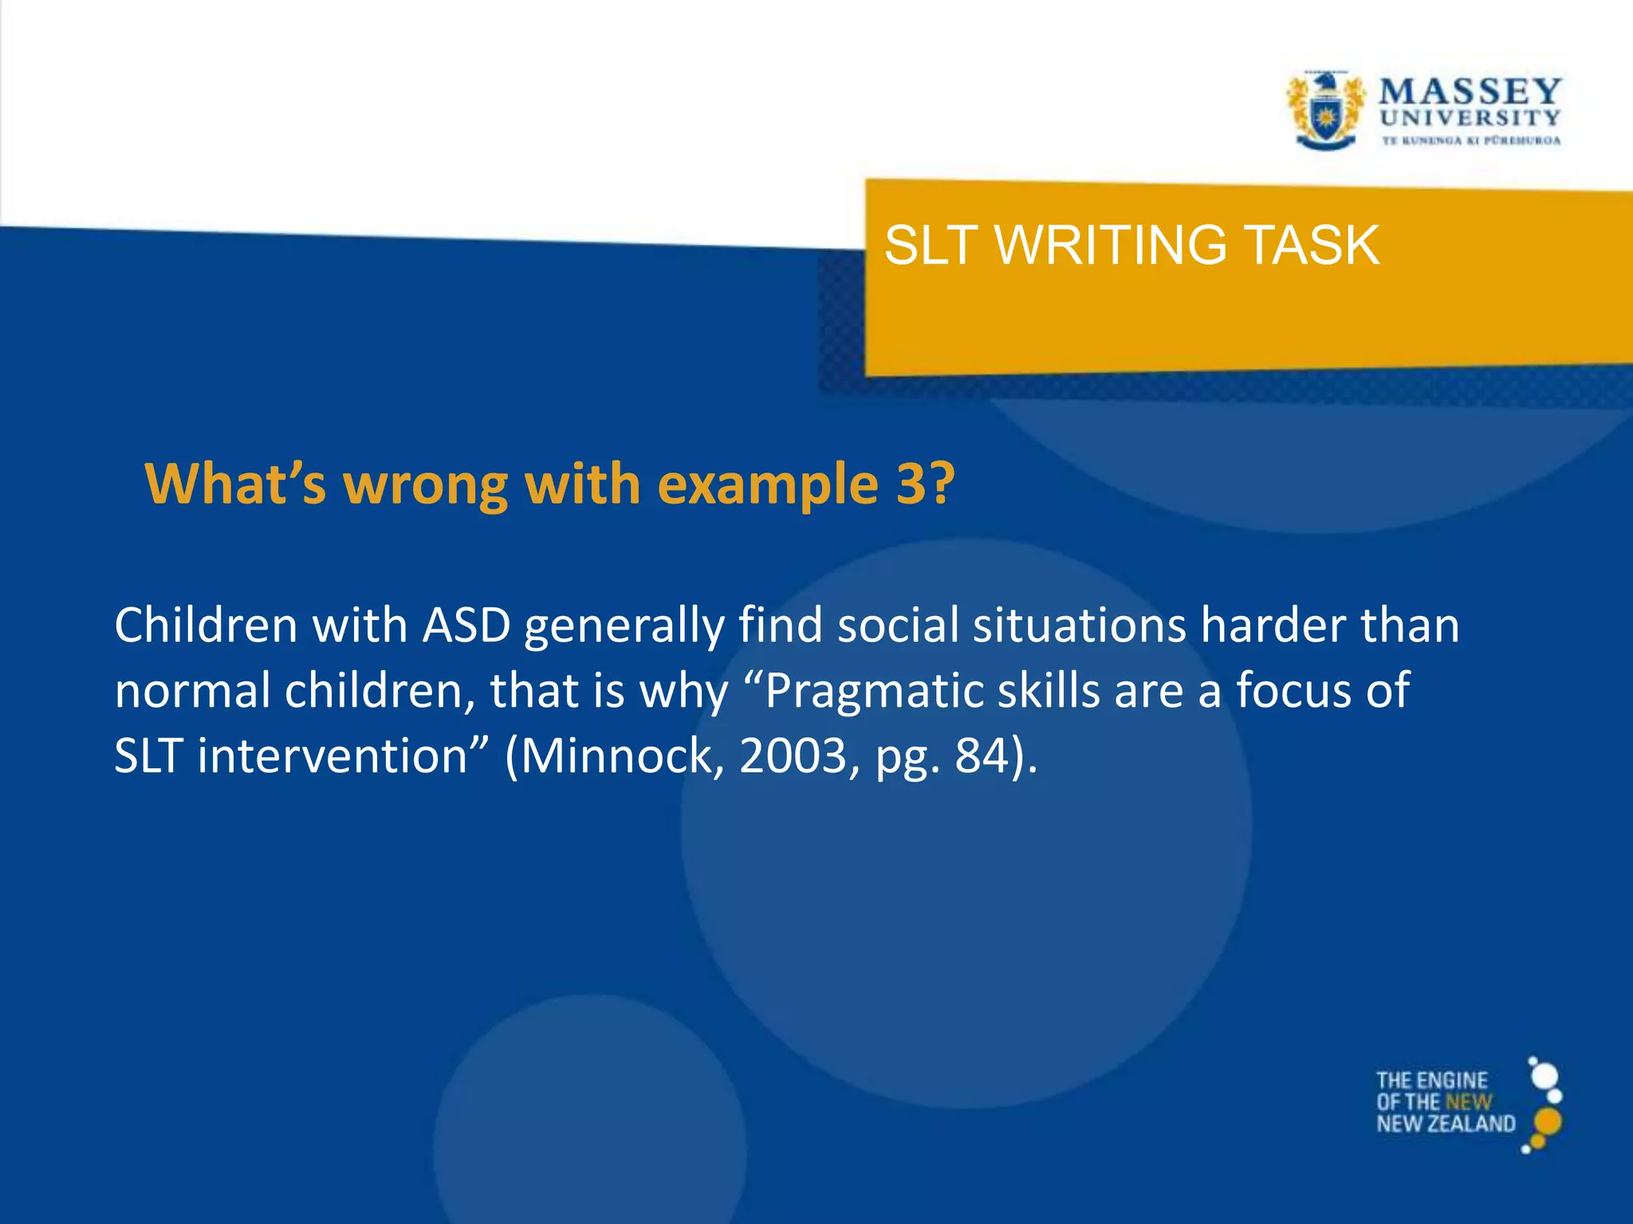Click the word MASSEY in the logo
coord(1470,92)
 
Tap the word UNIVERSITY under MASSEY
coord(1470,118)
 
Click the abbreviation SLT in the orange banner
coord(931,245)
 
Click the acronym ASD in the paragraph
coord(466,625)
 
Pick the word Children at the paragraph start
coord(206,625)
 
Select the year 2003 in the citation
coord(793,755)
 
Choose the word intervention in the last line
coord(332,755)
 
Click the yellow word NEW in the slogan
coord(1468,1102)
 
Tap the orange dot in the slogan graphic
coord(1547,1122)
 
